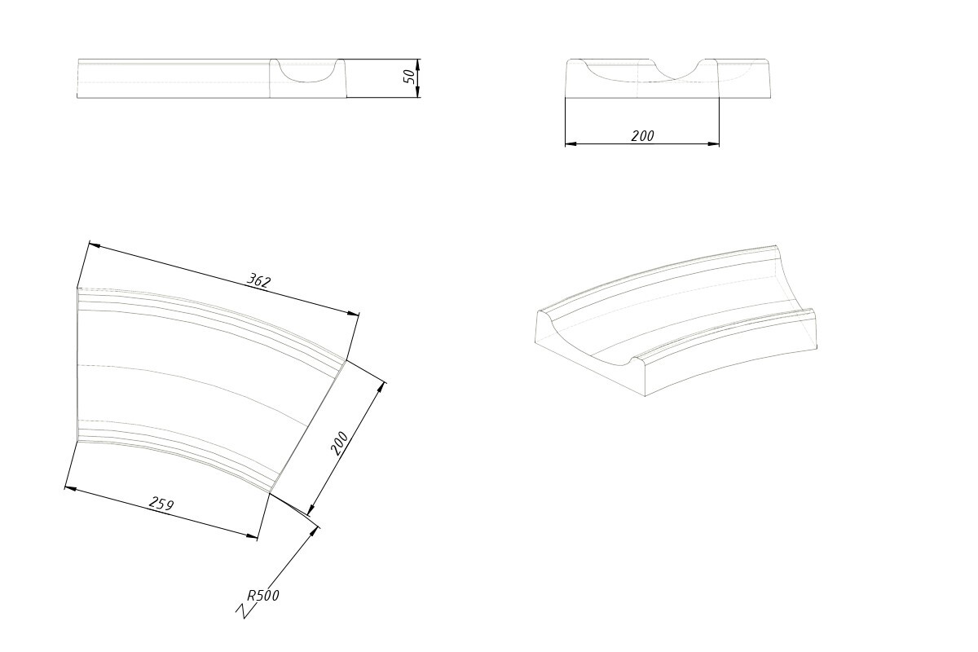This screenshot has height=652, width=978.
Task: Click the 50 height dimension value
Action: pyautogui.click(x=410, y=77)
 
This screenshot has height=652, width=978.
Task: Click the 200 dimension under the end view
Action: pyautogui.click(x=642, y=136)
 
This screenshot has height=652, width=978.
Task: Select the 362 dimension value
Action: pyautogui.click(x=258, y=280)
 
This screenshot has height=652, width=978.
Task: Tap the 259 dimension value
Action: pyautogui.click(x=161, y=504)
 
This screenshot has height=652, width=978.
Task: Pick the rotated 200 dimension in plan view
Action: pyautogui.click(x=339, y=443)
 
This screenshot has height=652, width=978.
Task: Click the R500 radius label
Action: pyautogui.click(x=262, y=595)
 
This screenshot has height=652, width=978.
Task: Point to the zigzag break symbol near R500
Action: pyautogui.click(x=244, y=611)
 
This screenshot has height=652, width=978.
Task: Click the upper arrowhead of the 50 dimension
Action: pyautogui.click(x=417, y=64)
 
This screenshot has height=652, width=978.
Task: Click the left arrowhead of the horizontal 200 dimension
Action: pyautogui.click(x=571, y=143)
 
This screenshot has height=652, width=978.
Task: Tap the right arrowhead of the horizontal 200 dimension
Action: pyautogui.click(x=713, y=143)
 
